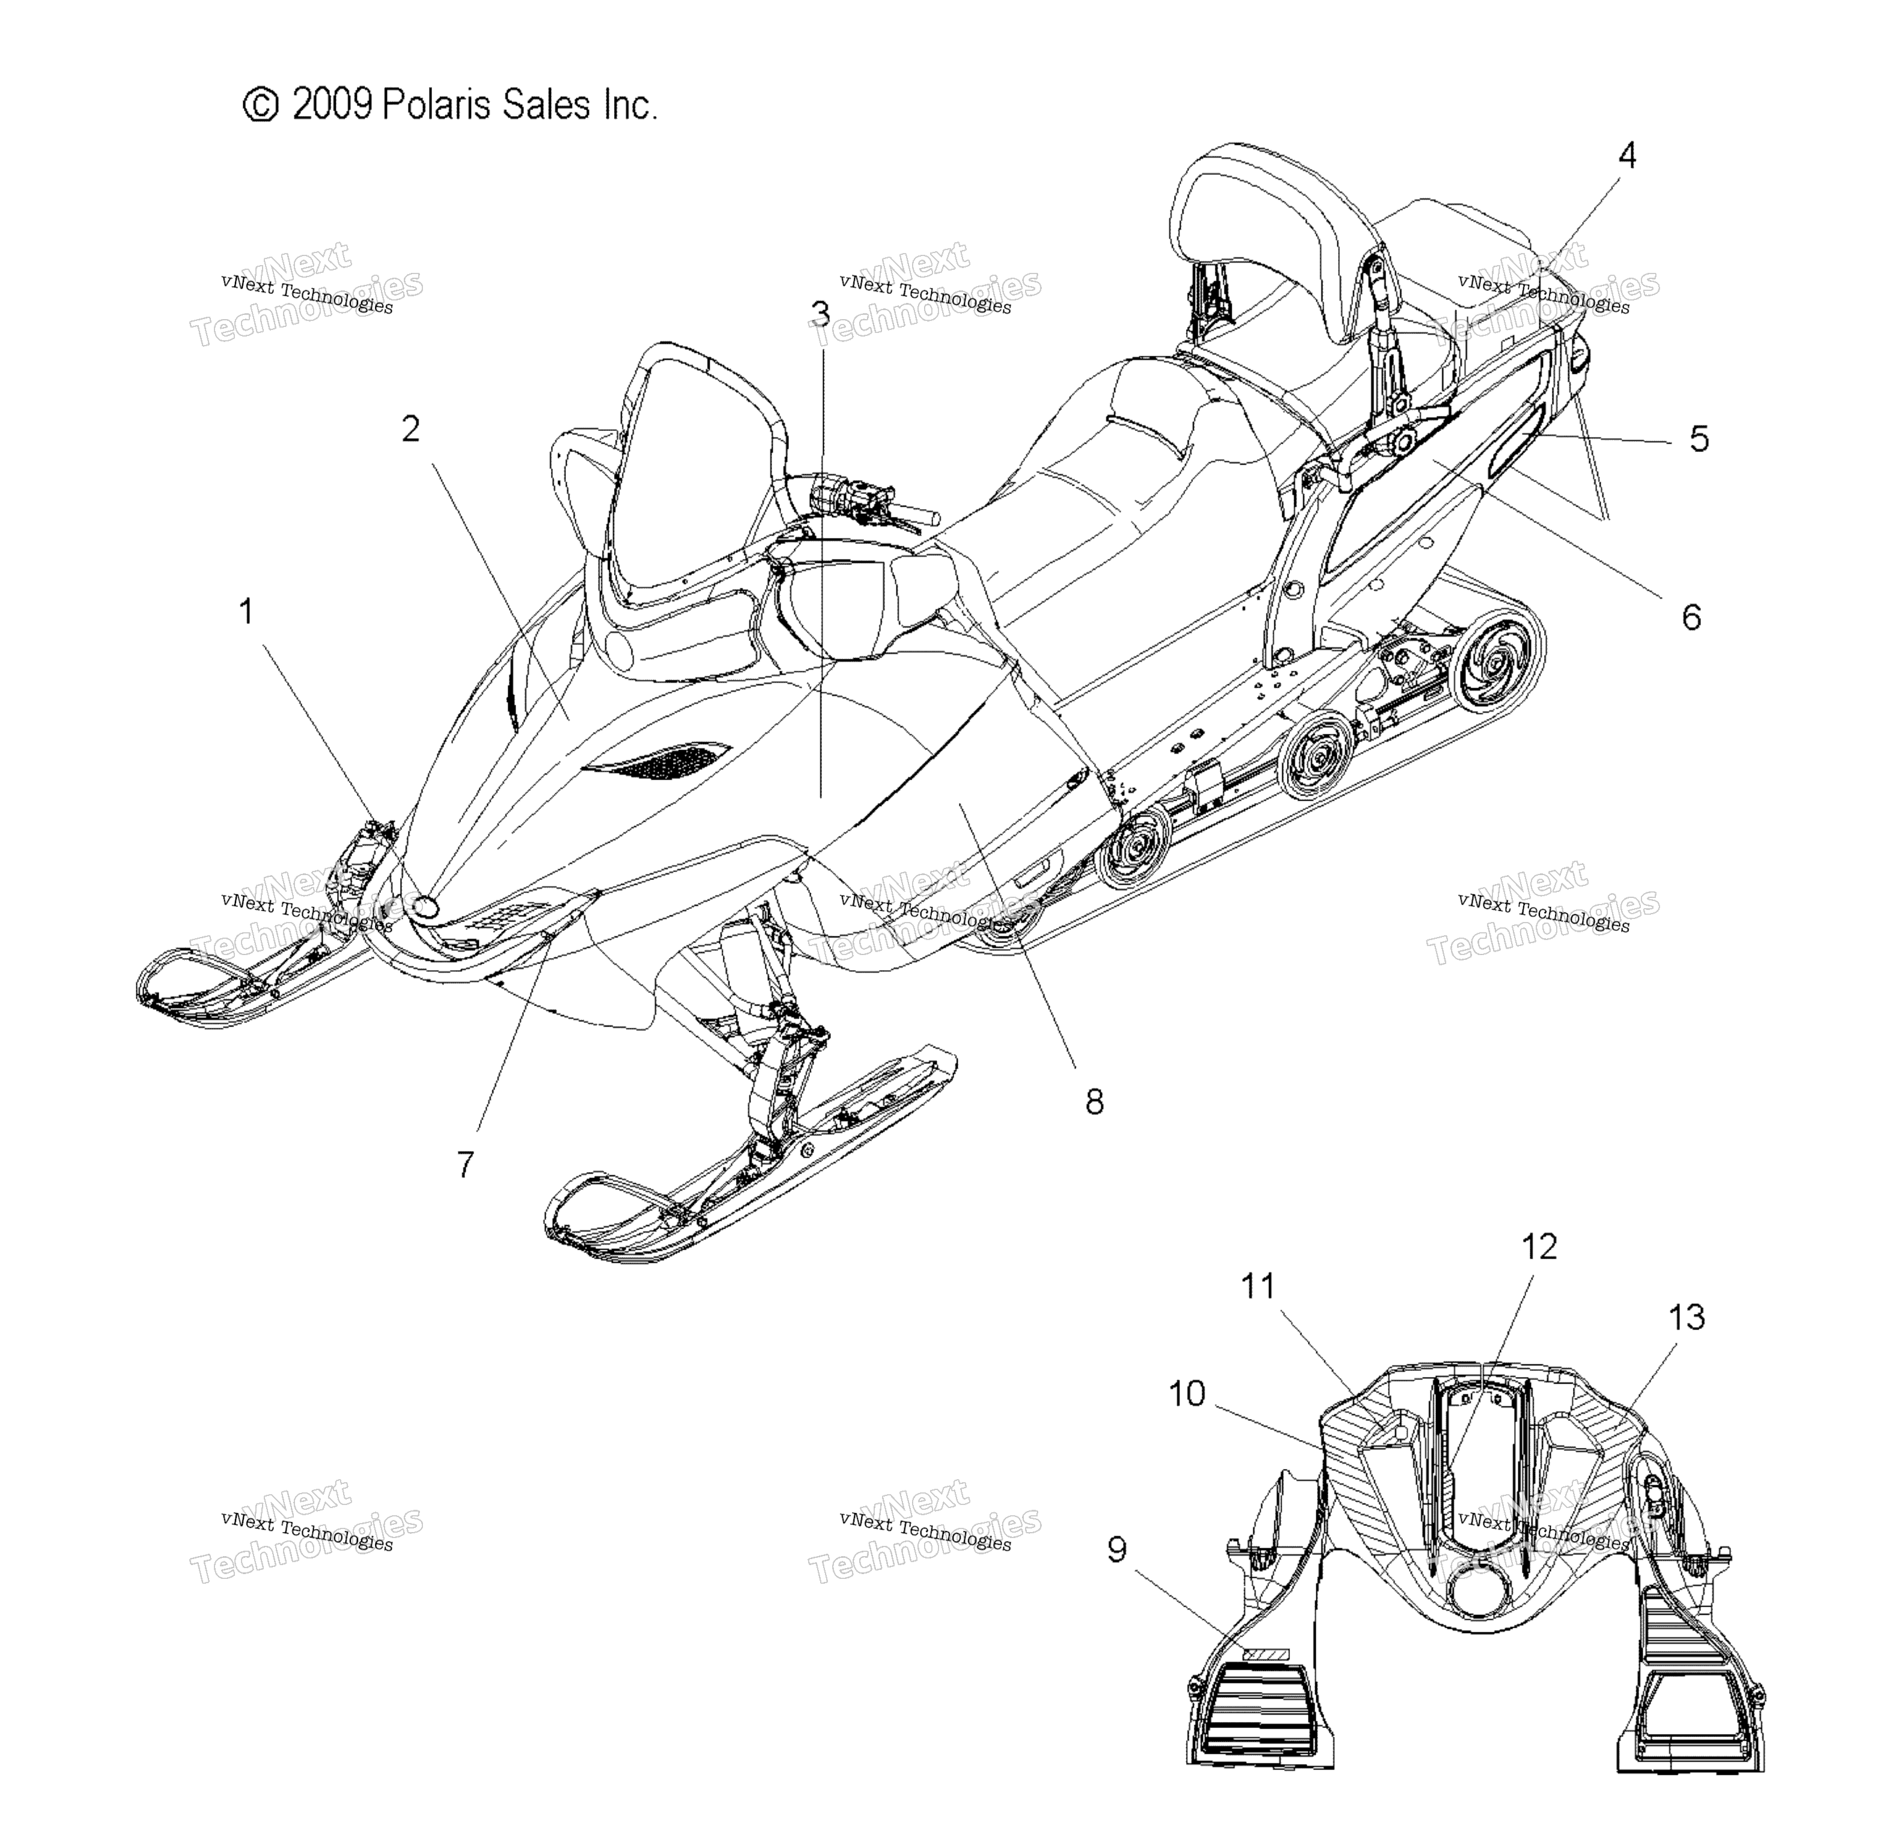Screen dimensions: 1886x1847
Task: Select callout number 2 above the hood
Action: pos(411,429)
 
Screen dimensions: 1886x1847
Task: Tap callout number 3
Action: pos(820,313)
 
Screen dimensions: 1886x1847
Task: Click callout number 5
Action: pos(1699,439)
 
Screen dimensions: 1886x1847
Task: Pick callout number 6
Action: pos(1691,617)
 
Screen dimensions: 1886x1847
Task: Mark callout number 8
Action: pos(1094,1102)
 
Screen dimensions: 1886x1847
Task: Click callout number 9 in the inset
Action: pos(1117,1550)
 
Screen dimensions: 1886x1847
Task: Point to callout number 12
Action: pos(1539,1247)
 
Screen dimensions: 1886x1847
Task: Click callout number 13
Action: pos(1687,1317)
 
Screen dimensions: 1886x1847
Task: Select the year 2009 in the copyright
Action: pos(332,105)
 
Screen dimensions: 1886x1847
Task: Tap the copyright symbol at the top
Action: pos(260,105)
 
